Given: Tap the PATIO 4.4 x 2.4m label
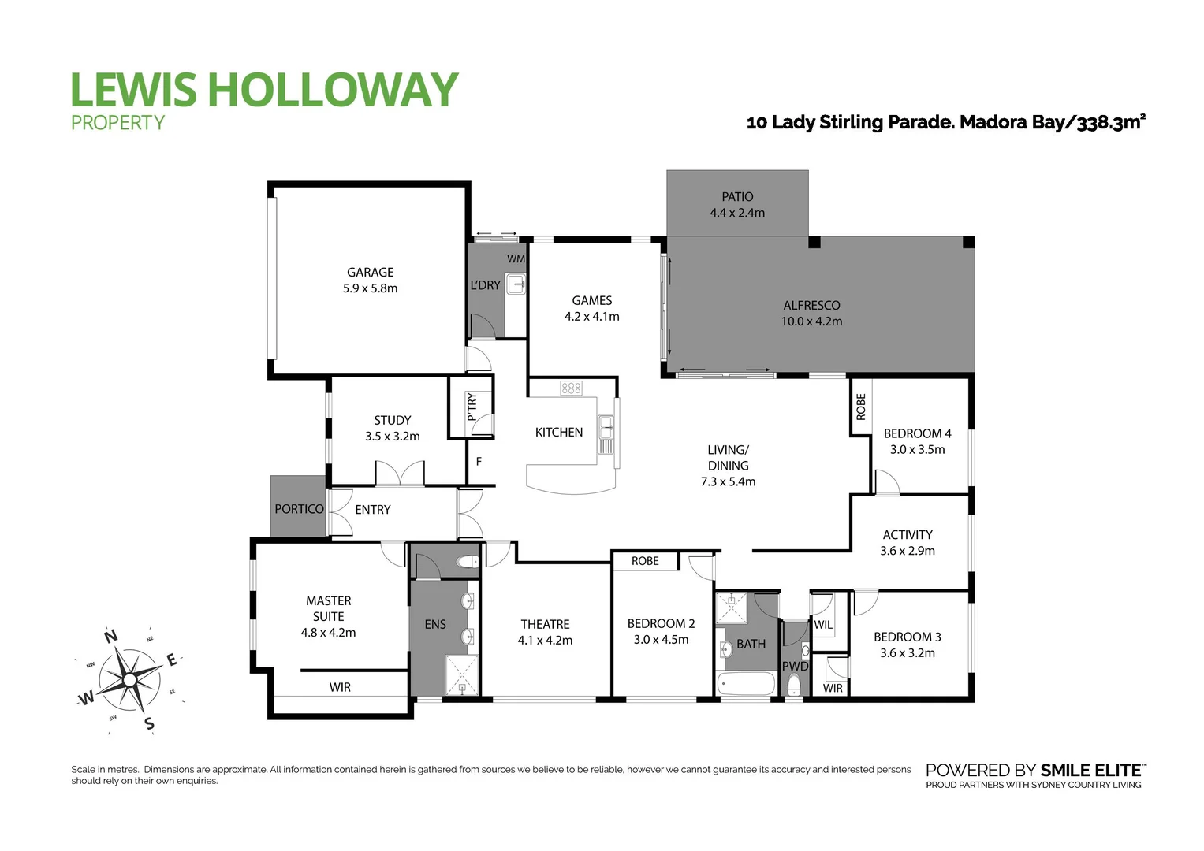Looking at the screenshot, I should pyautogui.click(x=737, y=204).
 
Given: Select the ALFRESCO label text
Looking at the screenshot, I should pyautogui.click(x=811, y=306).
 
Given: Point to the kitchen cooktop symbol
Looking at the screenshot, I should pyautogui.click(x=571, y=388).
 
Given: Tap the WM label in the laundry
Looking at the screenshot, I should pyautogui.click(x=516, y=258).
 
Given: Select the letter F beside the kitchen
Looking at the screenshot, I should pyautogui.click(x=479, y=462).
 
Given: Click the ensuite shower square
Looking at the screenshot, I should pyautogui.click(x=461, y=675).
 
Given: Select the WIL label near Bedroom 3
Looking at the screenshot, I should pyautogui.click(x=823, y=625).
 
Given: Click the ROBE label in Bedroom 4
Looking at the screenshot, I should pyautogui.click(x=861, y=407).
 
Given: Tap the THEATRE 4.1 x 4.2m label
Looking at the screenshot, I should pyautogui.click(x=545, y=632).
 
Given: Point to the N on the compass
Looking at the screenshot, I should pyautogui.click(x=111, y=637).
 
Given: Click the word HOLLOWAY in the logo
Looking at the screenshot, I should pyautogui.click(x=332, y=90).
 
